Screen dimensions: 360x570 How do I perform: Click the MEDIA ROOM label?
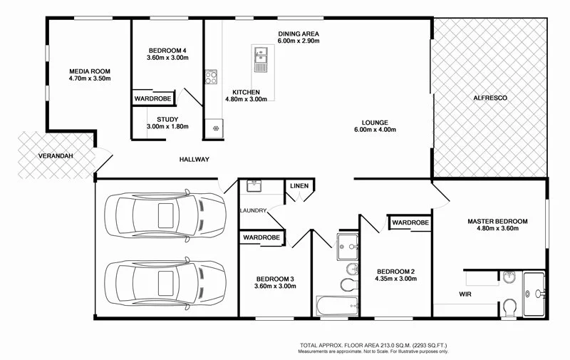coord(89,71)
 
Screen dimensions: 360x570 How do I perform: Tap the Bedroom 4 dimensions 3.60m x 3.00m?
coord(168,58)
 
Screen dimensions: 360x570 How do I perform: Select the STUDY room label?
coord(167,119)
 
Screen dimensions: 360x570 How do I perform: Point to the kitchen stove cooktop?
coord(211,77)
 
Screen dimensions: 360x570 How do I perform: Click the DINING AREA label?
coord(298,34)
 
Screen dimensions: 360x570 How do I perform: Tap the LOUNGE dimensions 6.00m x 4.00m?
coord(374,130)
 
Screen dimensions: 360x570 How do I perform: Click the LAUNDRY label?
coord(254,210)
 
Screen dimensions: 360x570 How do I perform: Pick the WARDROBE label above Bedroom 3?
coord(261,237)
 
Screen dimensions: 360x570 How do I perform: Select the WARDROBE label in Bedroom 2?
coord(410,223)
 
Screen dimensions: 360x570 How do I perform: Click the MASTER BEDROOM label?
coord(497,222)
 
